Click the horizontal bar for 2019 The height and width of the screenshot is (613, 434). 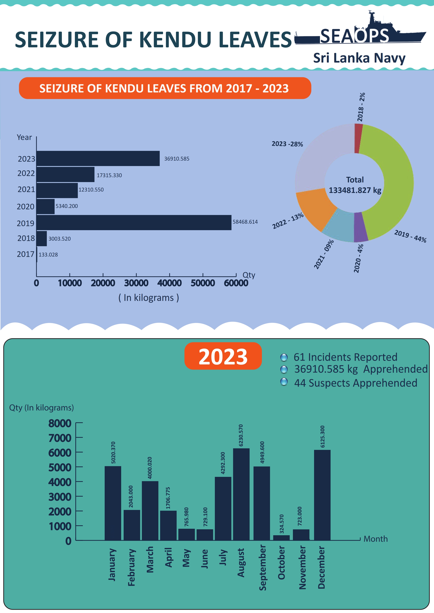134,222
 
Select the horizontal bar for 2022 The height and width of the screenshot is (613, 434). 65,175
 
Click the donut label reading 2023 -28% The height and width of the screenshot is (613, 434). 287,144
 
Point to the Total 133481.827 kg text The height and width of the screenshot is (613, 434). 355,185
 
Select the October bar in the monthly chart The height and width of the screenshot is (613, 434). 281,538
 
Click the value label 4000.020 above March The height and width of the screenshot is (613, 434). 150,468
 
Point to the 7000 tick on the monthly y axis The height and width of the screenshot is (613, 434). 60,438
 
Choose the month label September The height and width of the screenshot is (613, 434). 263,568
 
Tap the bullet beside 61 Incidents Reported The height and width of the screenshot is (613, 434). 284,357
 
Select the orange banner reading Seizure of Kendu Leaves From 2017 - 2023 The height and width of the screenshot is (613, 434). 165,88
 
